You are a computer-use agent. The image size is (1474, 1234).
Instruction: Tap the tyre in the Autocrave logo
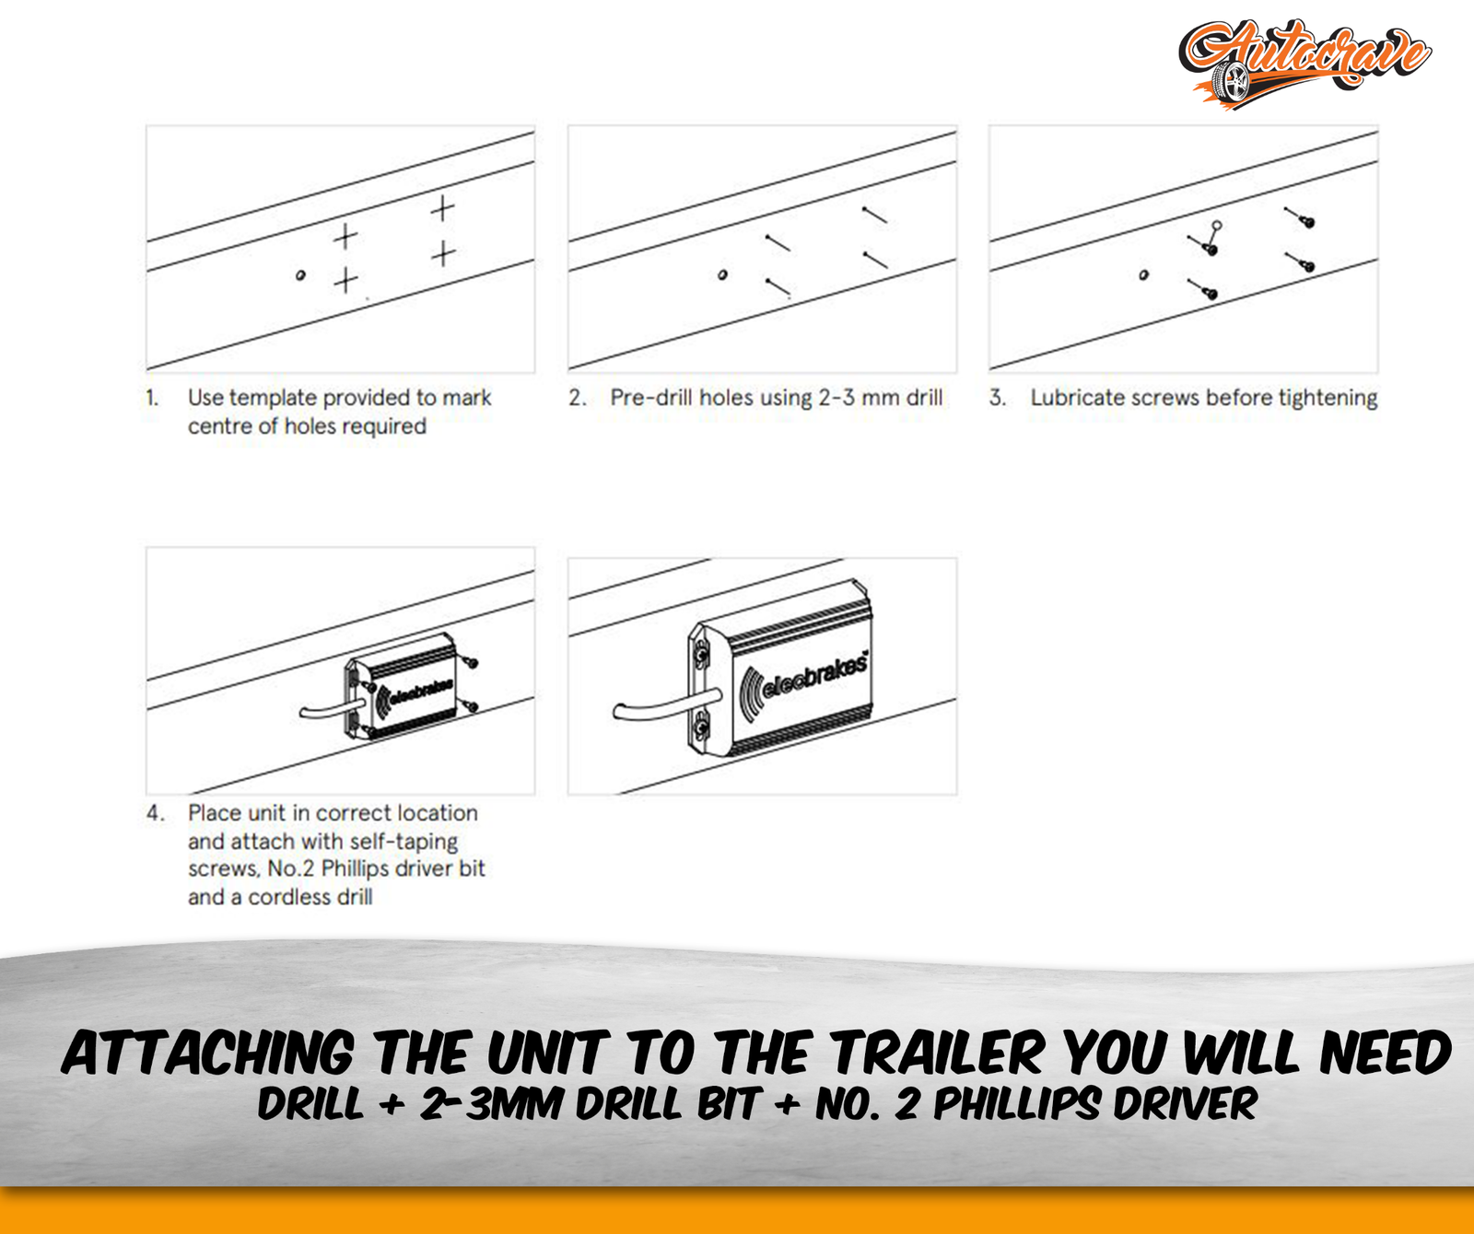click(x=1232, y=82)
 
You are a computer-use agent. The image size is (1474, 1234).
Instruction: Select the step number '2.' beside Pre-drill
click(x=578, y=398)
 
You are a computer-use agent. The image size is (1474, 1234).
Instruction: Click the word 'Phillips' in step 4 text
click(x=355, y=868)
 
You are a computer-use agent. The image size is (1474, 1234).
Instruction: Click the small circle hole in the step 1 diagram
click(x=300, y=274)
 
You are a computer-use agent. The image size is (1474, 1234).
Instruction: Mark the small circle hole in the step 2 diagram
click(x=722, y=274)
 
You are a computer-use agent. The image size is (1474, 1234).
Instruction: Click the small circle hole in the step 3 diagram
click(x=1144, y=274)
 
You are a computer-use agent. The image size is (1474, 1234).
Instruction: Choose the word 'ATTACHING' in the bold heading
click(x=208, y=1054)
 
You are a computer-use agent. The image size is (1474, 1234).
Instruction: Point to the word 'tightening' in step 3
click(x=1328, y=398)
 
